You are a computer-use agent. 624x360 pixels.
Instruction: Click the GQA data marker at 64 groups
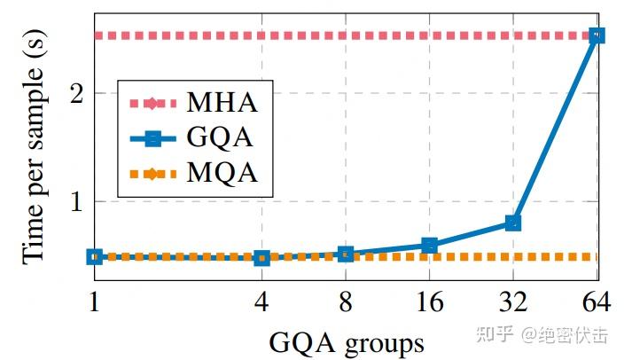597,36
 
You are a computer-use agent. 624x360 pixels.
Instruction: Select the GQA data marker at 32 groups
513,223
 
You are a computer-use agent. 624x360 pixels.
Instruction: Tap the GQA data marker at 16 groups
429,245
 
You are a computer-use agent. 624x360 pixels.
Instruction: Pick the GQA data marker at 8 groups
346,254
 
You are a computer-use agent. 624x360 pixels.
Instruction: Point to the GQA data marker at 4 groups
261,258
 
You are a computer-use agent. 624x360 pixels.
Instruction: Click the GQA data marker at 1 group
94,256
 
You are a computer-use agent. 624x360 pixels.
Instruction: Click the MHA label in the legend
222,102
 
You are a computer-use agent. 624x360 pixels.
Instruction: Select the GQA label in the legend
222,137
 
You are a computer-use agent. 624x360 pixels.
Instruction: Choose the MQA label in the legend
222,173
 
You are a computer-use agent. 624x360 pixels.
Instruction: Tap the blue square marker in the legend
152,137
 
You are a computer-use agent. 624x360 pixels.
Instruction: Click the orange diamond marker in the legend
152,173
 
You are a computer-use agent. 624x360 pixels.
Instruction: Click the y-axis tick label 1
76,201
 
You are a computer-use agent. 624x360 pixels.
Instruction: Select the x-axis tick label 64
597,303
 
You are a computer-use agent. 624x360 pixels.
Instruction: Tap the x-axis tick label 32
513,303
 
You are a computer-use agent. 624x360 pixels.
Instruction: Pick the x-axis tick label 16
429,303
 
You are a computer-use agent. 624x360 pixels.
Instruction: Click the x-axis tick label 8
346,303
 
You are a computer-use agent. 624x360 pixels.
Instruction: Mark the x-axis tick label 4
261,303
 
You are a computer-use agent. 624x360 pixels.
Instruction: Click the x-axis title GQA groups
346,340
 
